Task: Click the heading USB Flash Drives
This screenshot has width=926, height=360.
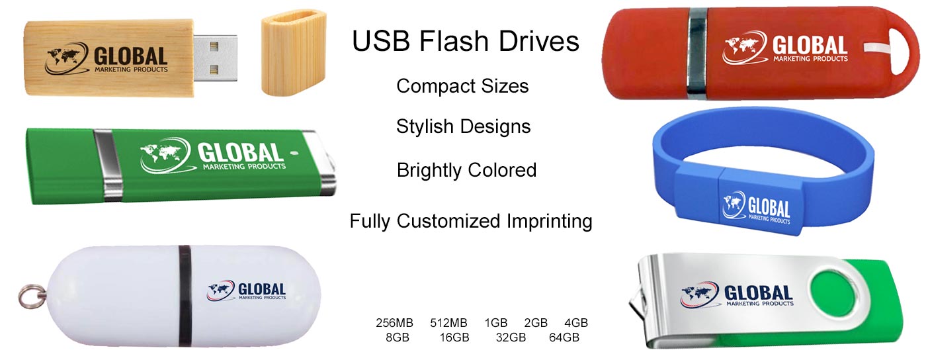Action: [x=466, y=42]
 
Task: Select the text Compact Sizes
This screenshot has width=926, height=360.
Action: [x=462, y=86]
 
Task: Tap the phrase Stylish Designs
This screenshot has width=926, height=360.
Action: [x=463, y=126]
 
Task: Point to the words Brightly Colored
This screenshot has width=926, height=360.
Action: [x=466, y=170]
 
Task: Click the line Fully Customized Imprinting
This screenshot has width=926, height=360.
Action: [x=471, y=221]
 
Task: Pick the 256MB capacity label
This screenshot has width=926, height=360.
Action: [x=394, y=323]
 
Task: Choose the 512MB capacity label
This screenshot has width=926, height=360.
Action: [x=448, y=323]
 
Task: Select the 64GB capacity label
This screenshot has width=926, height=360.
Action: [x=564, y=337]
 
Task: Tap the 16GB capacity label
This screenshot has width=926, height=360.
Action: [x=454, y=337]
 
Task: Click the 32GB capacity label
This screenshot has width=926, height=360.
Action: [x=511, y=337]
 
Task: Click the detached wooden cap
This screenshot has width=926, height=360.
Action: [x=294, y=53]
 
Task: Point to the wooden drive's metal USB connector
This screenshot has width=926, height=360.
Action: [x=216, y=58]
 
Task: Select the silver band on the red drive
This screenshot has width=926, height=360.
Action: [x=697, y=53]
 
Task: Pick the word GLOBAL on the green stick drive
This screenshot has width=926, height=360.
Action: [x=240, y=153]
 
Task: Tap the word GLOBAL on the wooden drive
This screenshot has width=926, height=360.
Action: [x=131, y=56]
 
